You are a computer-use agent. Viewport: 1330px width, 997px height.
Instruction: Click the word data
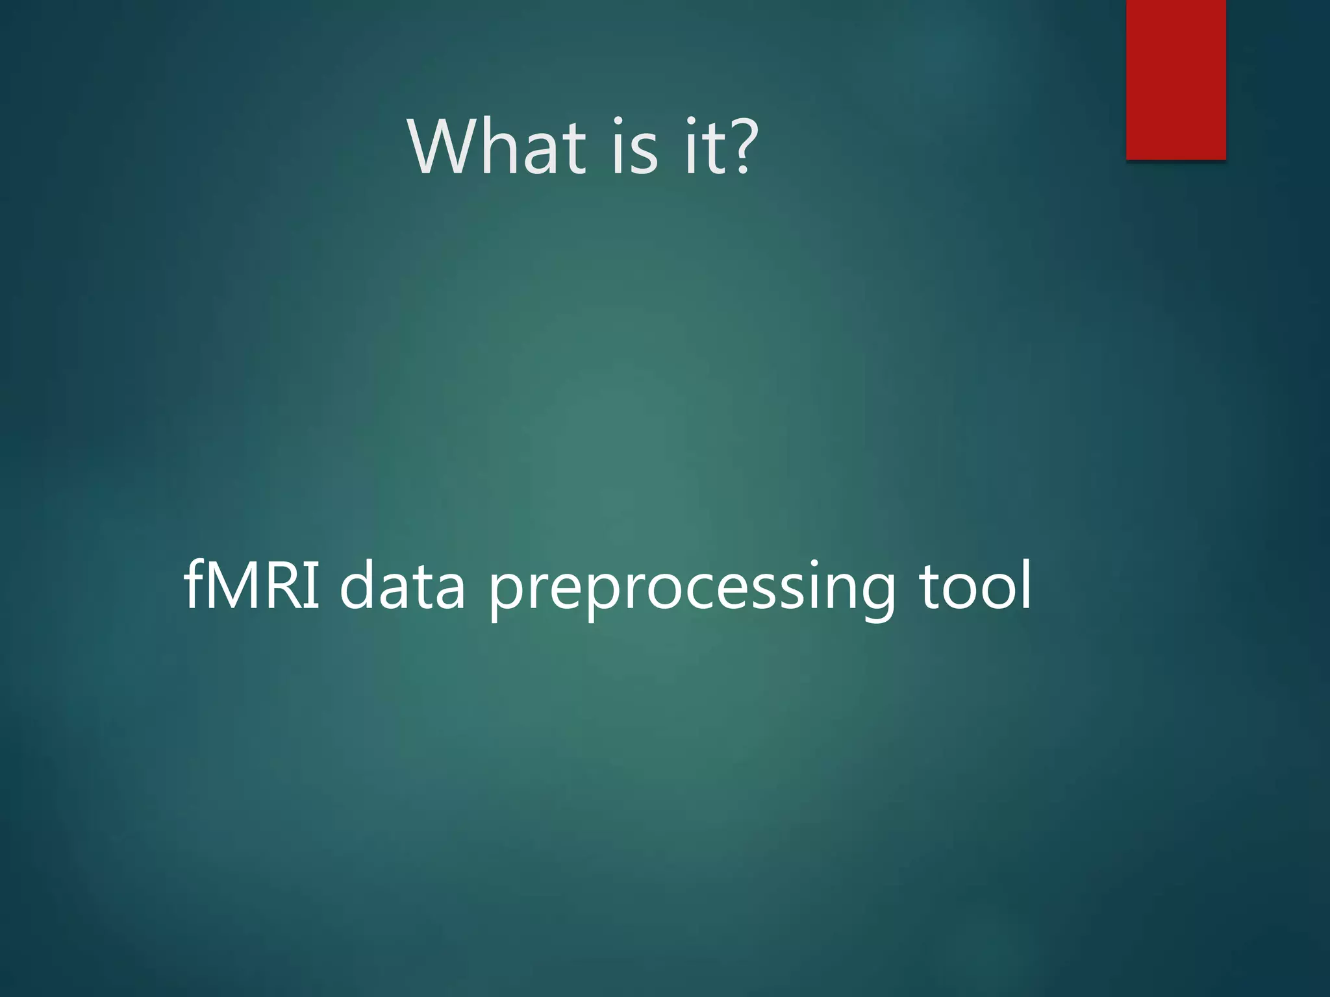pos(402,585)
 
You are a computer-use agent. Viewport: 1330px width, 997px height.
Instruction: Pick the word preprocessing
pos(692,588)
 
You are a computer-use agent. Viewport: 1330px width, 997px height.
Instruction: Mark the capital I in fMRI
pos(314,585)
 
